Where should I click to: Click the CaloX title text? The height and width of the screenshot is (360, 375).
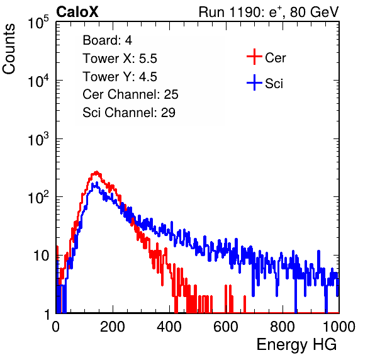click(x=77, y=12)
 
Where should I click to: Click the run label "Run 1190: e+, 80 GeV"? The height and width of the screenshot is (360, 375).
click(x=269, y=12)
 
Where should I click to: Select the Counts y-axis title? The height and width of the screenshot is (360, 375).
click(x=9, y=49)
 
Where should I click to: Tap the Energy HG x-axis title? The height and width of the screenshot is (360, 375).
click(x=296, y=345)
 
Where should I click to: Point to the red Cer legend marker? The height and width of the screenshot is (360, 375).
click(x=254, y=57)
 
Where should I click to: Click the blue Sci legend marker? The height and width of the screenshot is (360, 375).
click(x=254, y=82)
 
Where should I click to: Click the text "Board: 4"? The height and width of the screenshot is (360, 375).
click(x=107, y=40)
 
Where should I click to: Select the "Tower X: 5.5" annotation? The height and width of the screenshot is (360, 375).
click(x=120, y=59)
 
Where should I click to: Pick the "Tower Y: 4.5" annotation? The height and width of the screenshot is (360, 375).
click(x=120, y=77)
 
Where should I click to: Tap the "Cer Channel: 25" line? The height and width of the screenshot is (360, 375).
click(x=130, y=94)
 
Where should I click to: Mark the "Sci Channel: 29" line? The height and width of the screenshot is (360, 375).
click(x=129, y=113)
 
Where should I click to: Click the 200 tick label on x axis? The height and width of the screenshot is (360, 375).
click(x=113, y=327)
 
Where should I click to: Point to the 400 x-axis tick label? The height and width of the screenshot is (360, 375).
click(x=169, y=327)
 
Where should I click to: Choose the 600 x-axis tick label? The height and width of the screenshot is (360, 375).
click(x=226, y=327)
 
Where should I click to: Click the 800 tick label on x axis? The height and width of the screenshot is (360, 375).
click(x=283, y=327)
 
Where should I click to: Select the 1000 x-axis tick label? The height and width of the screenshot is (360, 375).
click(x=339, y=327)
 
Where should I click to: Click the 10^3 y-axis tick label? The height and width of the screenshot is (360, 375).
click(x=38, y=139)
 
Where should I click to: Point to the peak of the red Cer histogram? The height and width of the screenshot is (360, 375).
click(x=96, y=172)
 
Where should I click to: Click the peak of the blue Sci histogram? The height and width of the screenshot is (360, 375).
click(x=97, y=183)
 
